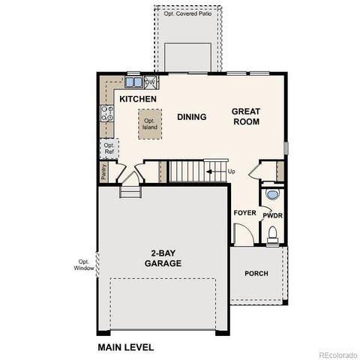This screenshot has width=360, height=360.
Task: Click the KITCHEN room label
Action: pyautogui.click(x=137, y=99)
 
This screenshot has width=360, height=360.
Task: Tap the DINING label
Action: pyautogui.click(x=191, y=117)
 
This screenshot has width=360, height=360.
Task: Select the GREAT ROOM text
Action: pyautogui.click(x=245, y=115)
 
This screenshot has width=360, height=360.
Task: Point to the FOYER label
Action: pyautogui.click(x=245, y=213)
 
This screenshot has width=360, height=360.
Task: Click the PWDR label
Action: pyautogui.click(x=272, y=214)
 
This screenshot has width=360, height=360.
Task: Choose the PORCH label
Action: pyautogui.click(x=256, y=273)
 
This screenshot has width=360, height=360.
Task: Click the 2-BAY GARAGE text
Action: pyautogui.click(x=163, y=258)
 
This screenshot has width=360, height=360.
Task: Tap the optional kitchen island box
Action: pyautogui.click(x=151, y=123)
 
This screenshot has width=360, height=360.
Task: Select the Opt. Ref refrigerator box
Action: pyautogui.click(x=109, y=148)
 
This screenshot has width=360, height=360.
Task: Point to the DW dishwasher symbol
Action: pyautogui.click(x=150, y=82)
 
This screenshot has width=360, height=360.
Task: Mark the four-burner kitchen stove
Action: pyautogui.click(x=107, y=114)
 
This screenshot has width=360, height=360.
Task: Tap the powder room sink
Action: pyautogui.click(x=273, y=194)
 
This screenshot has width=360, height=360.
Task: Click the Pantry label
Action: pyautogui.click(x=103, y=172)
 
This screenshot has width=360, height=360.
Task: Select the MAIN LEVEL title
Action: pyautogui.click(x=125, y=347)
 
